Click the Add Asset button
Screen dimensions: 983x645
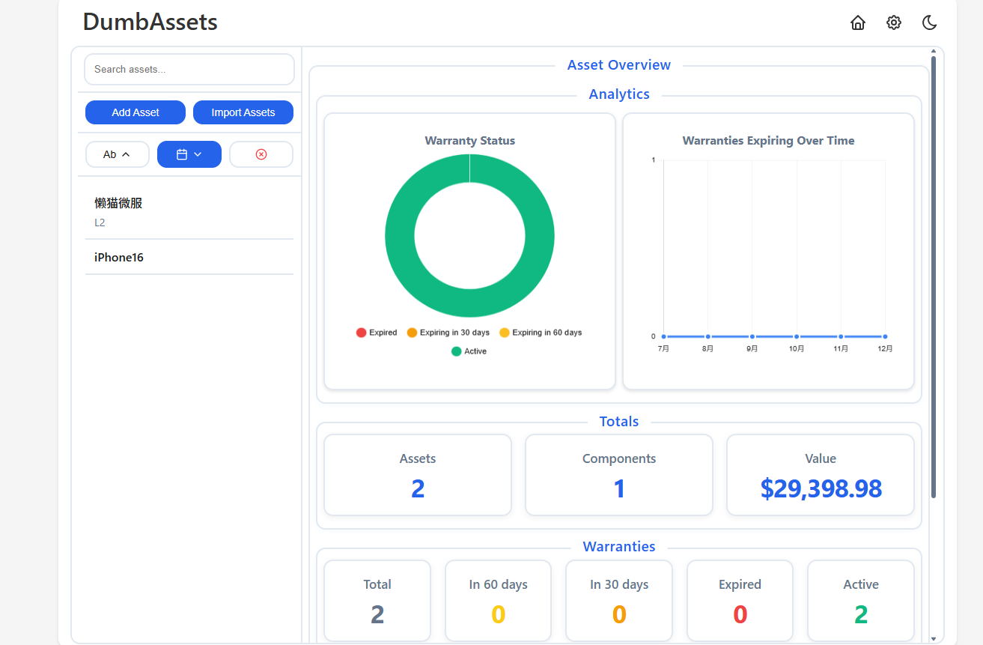point(136,112)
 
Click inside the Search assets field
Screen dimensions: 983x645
point(189,70)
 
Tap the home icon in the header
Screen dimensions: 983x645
point(857,22)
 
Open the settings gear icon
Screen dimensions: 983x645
point(893,22)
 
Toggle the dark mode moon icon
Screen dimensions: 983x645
point(929,22)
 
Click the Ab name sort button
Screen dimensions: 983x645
point(118,154)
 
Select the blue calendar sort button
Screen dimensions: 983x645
point(189,154)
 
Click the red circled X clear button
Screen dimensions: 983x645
point(261,154)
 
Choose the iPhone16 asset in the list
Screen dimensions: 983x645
point(119,257)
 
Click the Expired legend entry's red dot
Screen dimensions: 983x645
point(361,333)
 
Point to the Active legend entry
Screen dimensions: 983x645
point(469,351)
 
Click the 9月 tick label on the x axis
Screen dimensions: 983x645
point(752,348)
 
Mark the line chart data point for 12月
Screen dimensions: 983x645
point(885,336)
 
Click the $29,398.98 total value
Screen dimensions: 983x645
point(821,488)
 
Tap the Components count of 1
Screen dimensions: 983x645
point(618,488)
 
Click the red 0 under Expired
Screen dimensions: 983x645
point(740,614)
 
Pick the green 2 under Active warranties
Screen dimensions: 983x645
point(860,614)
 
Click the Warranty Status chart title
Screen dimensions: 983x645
point(469,141)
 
